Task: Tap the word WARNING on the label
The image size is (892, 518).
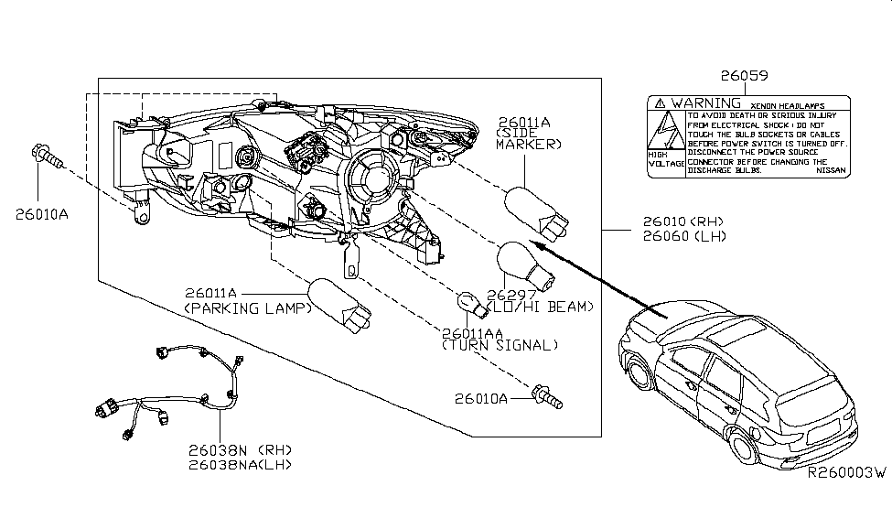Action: click(x=705, y=103)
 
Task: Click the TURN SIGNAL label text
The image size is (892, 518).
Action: click(x=499, y=345)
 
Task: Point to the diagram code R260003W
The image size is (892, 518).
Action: click(x=846, y=474)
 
